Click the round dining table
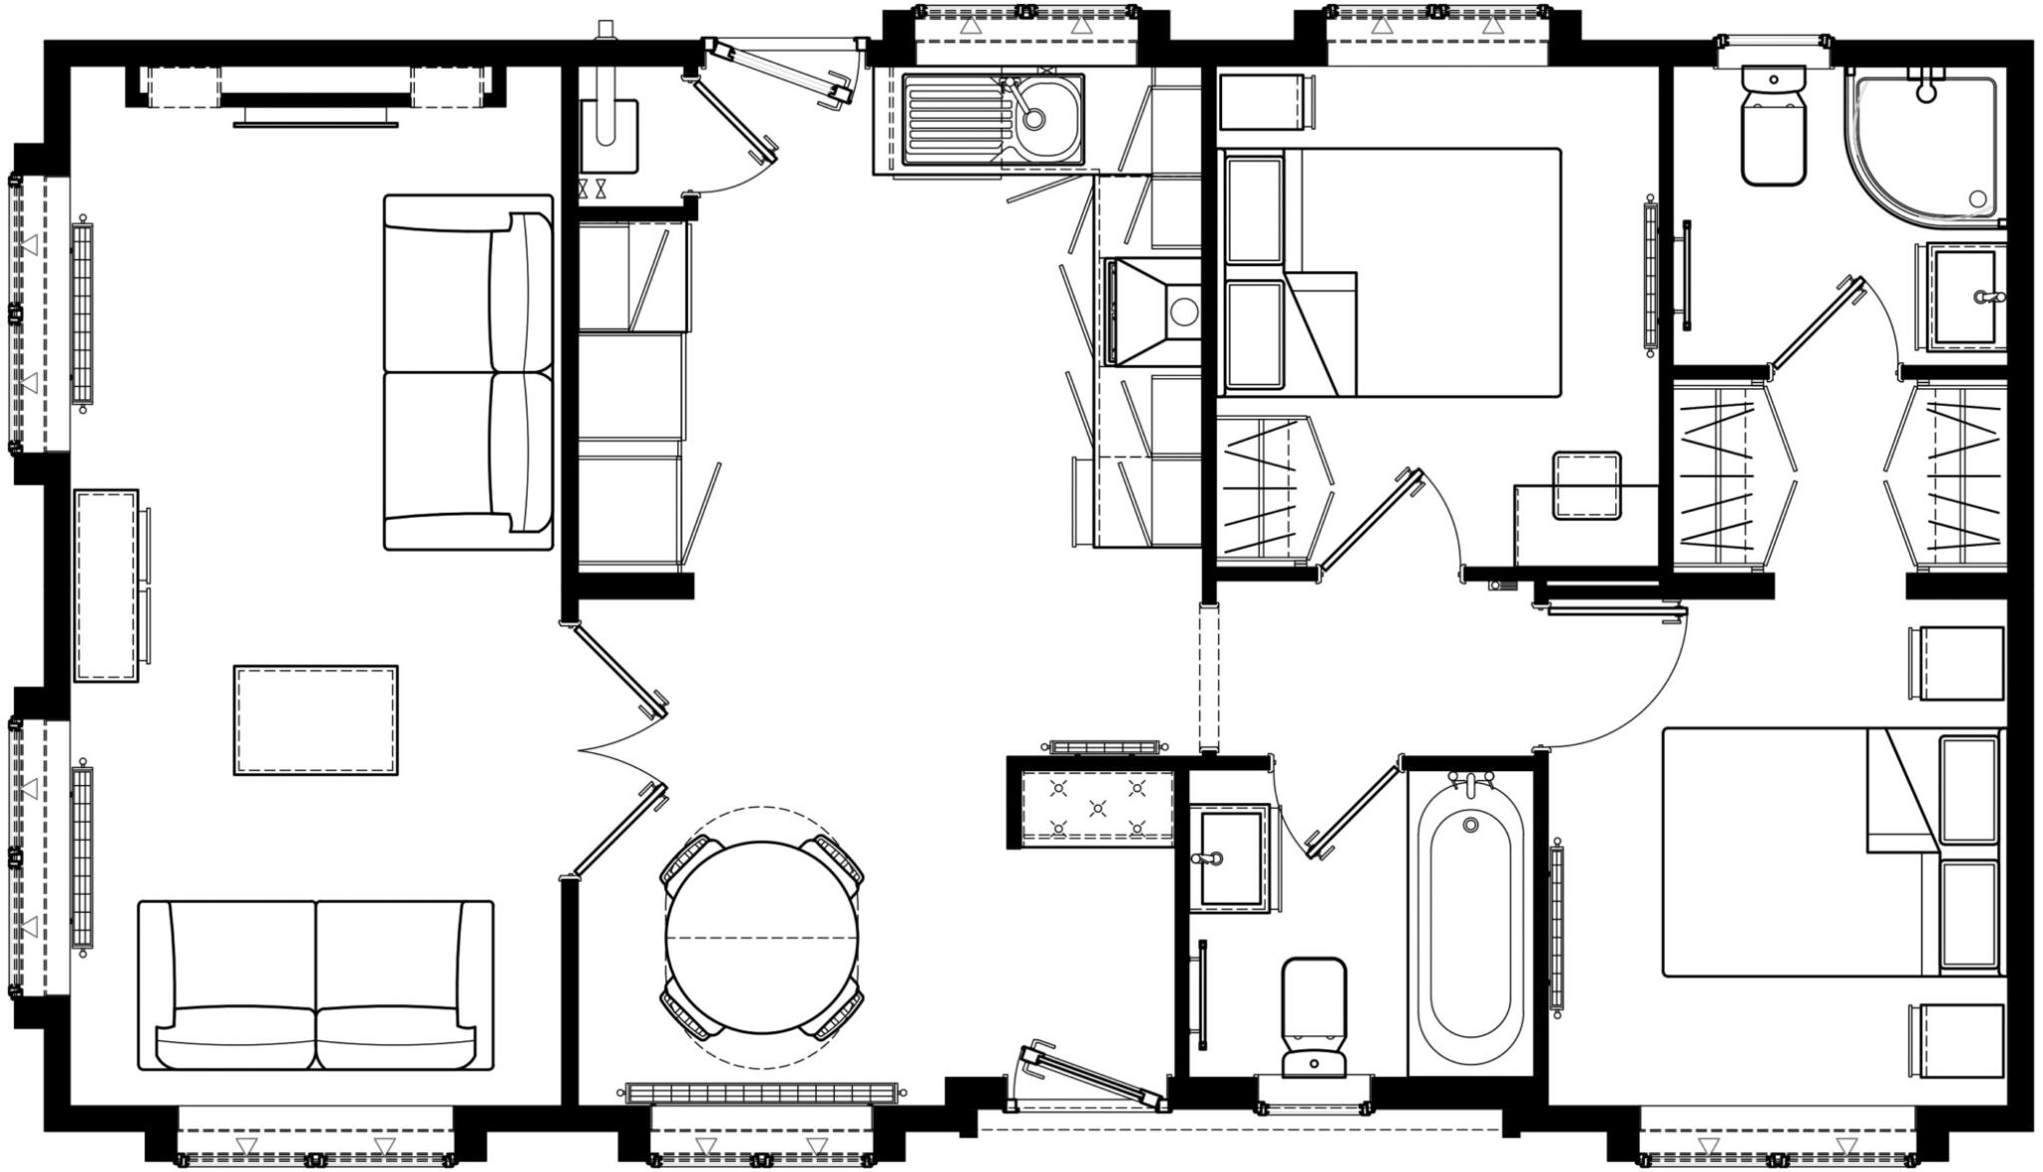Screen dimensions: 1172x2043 (x=761, y=938)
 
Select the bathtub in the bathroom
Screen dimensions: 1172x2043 (x=1469, y=938)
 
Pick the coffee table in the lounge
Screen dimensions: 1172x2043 (x=315, y=720)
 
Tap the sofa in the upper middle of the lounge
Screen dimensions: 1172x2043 (x=468, y=372)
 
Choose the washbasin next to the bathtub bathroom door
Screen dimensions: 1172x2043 (x=1229, y=858)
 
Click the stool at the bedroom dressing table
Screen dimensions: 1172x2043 (x=1586, y=486)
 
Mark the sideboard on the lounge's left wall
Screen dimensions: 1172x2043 (x=107, y=586)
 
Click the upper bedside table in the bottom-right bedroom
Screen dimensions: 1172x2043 (x=1956, y=663)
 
